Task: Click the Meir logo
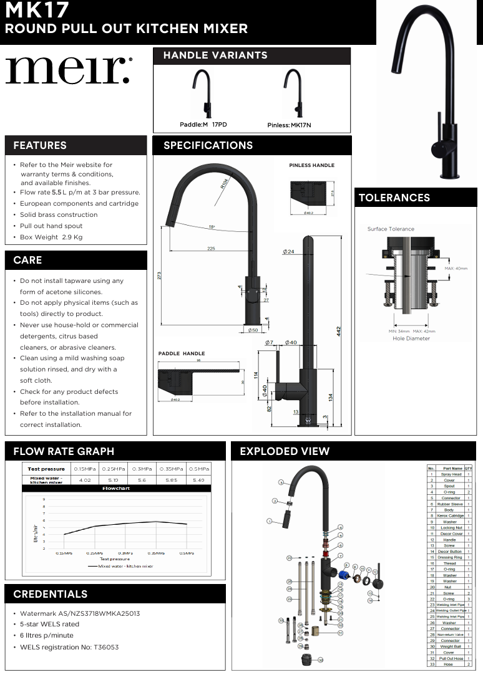click(68, 70)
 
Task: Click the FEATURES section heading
click(40, 145)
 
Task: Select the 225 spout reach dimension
click(211, 249)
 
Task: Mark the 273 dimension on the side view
click(160, 275)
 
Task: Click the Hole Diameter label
click(411, 338)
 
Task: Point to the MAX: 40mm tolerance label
click(456, 269)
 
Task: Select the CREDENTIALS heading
click(51, 594)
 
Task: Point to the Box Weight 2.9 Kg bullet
click(51, 237)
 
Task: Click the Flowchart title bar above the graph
click(116, 489)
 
